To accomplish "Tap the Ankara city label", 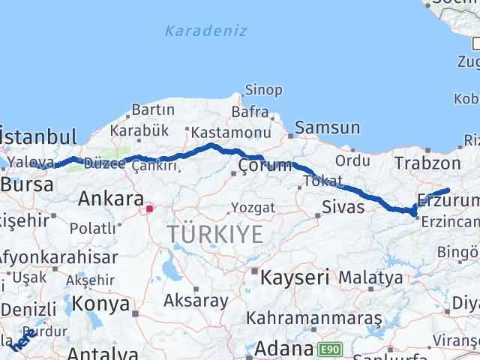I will (111, 199).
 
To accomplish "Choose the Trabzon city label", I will (427, 163).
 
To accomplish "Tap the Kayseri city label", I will (295, 277).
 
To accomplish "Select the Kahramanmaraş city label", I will (314, 319).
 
